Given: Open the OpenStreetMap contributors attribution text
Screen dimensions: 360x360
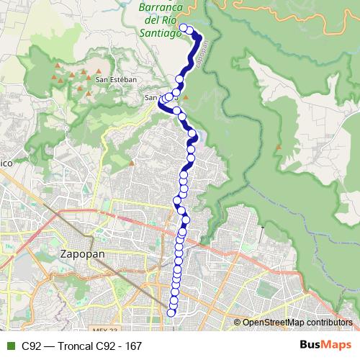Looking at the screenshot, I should [x=296, y=322].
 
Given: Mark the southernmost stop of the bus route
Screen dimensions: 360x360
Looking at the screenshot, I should [x=171, y=312].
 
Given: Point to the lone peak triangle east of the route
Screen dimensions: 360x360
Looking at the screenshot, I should [x=278, y=147].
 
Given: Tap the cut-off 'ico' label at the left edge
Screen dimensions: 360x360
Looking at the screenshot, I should [x=6, y=163].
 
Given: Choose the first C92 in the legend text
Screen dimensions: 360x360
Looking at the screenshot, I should [x=32, y=346].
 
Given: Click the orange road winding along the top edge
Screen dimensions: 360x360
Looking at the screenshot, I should [x=238, y=6].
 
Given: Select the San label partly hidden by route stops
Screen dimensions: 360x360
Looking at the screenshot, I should [x=151, y=97].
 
